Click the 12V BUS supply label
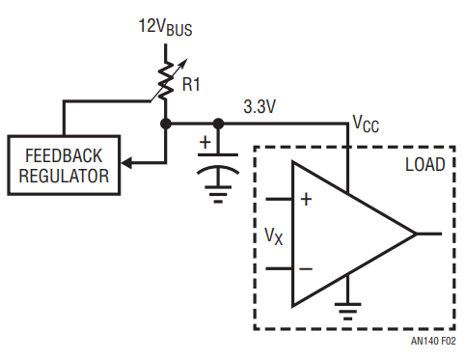point(165,27)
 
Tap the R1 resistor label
point(191,84)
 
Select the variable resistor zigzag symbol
point(166,80)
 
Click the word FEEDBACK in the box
point(64,155)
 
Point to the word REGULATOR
point(64,176)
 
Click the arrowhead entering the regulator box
point(126,163)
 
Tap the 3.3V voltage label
point(260,106)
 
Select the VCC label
point(366,124)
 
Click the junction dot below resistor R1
point(166,124)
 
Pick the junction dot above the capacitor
point(218,124)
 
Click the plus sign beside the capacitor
point(206,142)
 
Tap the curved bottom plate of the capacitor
point(218,169)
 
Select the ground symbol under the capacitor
point(218,194)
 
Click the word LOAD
point(425,165)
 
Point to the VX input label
point(274,236)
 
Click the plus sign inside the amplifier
point(306,200)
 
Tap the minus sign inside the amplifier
point(306,268)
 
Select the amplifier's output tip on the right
point(416,234)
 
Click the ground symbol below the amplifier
point(347,312)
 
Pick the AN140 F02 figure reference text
point(433,341)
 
